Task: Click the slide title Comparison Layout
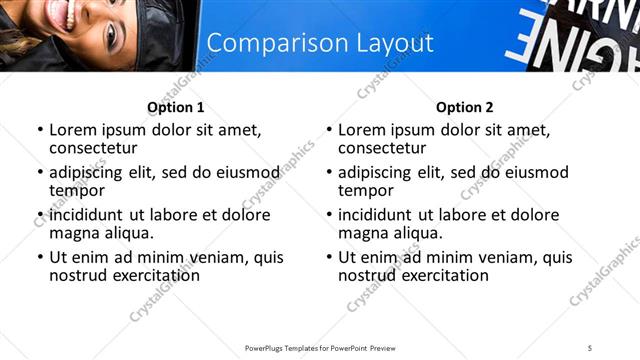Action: coord(320,43)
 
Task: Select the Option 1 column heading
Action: coord(176,107)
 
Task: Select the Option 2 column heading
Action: coord(465,107)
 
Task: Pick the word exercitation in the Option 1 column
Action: coord(146,275)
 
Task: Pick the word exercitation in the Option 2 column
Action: coord(435,275)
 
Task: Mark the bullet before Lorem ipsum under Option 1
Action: coord(39,131)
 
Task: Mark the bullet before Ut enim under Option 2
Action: coord(328,257)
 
